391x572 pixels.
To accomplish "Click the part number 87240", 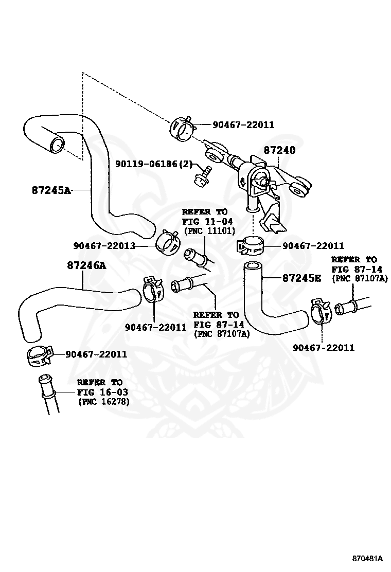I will click(279, 151).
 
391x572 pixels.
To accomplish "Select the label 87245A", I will click(51, 190).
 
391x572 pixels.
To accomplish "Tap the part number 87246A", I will click(86, 265).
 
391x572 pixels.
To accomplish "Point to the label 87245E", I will click(301, 278).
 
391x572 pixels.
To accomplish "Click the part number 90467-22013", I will click(104, 246).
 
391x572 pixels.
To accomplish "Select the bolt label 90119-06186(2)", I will click(153, 164).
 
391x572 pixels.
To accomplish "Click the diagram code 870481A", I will click(367, 558).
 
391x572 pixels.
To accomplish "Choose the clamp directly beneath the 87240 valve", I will click(251, 245).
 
